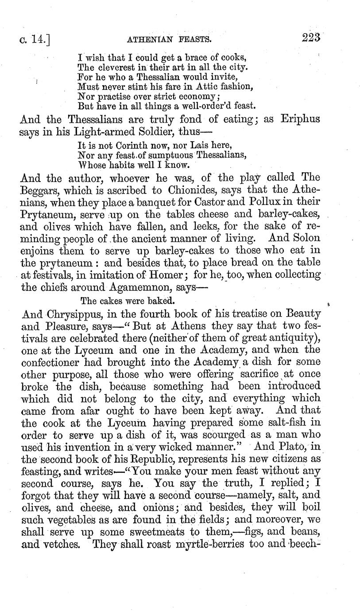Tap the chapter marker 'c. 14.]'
[x=37, y=40]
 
